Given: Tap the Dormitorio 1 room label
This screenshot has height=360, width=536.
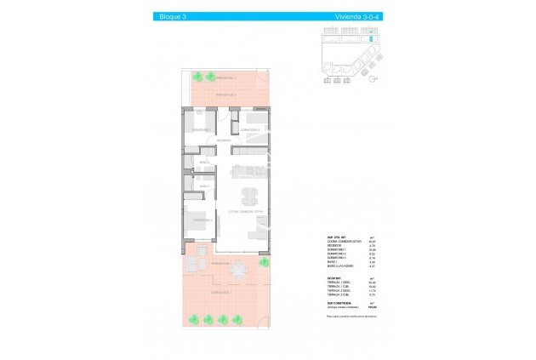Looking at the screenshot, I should (x=202, y=220).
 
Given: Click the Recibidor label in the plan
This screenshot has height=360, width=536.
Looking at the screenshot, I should (x=224, y=140).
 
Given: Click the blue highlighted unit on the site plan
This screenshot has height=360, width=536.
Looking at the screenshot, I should (x=371, y=40).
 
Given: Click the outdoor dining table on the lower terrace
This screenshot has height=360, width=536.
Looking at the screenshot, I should (x=238, y=271).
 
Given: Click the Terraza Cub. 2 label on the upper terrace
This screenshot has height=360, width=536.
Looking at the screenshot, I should (x=225, y=94).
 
